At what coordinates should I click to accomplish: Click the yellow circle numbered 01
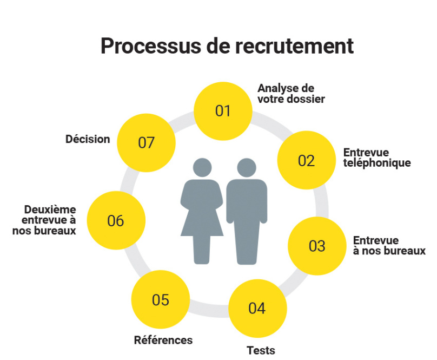click(x=223, y=111)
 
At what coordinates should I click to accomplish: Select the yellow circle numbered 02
click(x=306, y=160)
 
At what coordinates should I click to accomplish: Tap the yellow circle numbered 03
click(x=317, y=246)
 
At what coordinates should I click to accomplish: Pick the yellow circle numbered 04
click(x=257, y=308)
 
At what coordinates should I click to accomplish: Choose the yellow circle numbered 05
click(x=161, y=299)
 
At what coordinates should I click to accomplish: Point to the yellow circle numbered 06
click(x=116, y=220)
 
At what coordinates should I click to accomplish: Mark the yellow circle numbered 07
click(x=146, y=142)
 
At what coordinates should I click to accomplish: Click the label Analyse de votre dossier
click(x=291, y=93)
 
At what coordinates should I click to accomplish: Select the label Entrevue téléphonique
click(x=376, y=158)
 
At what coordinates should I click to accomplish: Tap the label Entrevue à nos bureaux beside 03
click(x=389, y=245)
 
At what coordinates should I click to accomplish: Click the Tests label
click(x=261, y=350)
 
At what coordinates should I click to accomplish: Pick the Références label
click(x=163, y=340)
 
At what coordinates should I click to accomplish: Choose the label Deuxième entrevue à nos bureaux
click(x=49, y=220)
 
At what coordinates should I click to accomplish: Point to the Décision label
click(x=88, y=139)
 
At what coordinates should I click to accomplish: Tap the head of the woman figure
click(x=202, y=167)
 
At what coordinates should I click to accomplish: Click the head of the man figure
click(x=247, y=167)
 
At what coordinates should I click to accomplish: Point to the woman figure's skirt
click(x=202, y=222)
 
